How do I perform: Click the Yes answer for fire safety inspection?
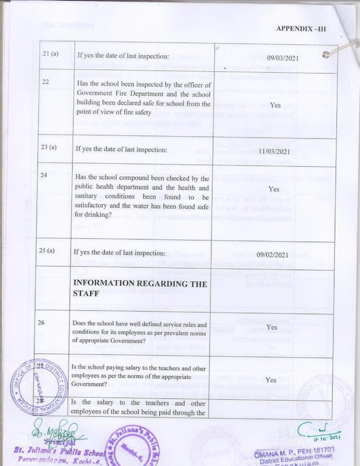click(275, 105)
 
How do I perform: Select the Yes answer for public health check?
click(274, 188)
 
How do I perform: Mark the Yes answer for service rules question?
click(272, 327)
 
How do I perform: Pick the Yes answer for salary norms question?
click(271, 380)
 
